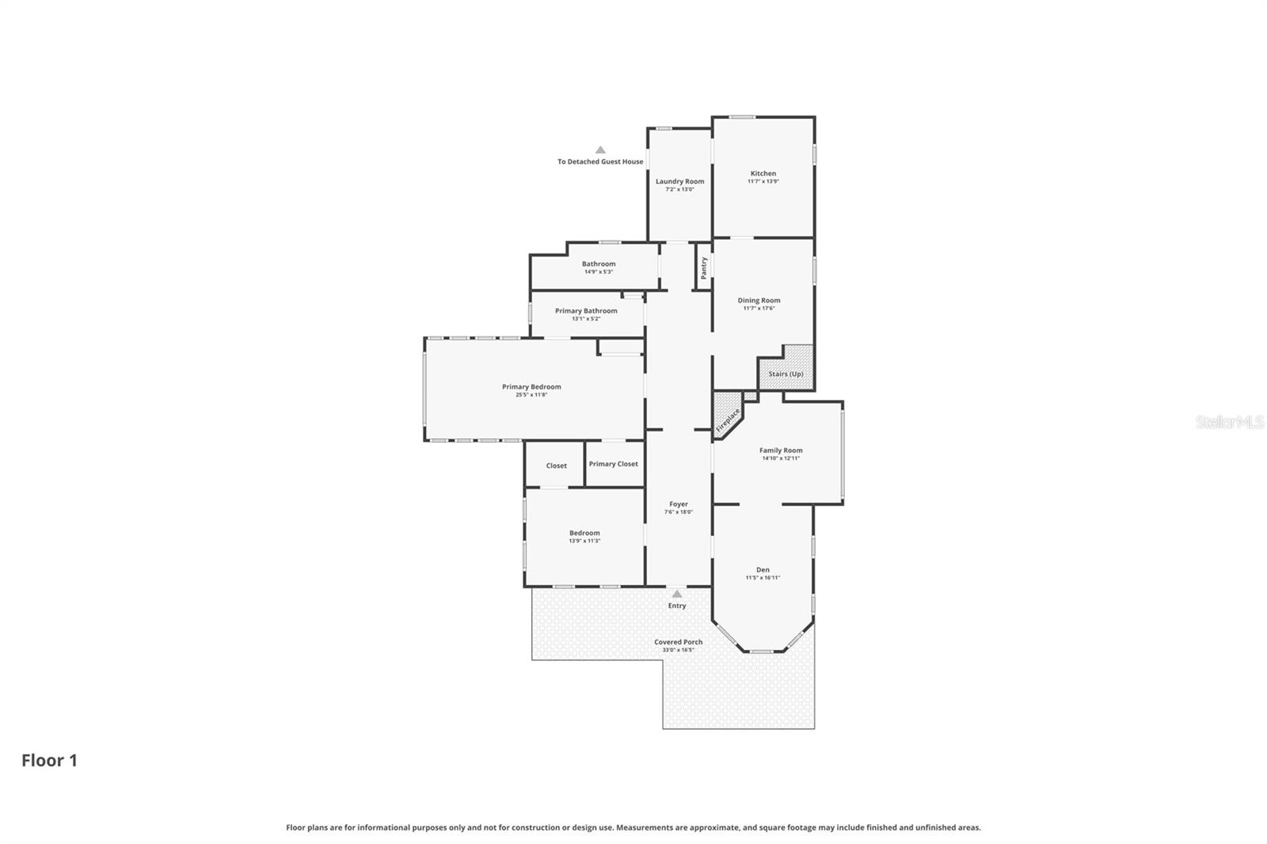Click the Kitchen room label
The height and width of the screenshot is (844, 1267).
pos(763,173)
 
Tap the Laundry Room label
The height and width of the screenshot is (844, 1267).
pos(679,181)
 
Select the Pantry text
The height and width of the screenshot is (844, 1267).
pos(704,268)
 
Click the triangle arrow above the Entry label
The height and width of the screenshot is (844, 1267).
pos(676,594)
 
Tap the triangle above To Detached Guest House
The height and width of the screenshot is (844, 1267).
pos(600,150)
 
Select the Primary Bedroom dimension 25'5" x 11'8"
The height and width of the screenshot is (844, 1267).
pos(531,394)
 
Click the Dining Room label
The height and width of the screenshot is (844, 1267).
pos(759,300)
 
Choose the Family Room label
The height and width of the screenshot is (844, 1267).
pos(781,451)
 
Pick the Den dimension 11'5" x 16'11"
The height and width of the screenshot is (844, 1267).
pos(763,578)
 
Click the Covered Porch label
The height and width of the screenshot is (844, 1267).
pos(678,642)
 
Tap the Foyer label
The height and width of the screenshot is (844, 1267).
pos(679,504)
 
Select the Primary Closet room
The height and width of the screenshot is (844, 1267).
pos(613,464)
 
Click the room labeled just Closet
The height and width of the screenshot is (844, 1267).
pos(556,466)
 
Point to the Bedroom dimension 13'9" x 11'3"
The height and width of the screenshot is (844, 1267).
pos(584,541)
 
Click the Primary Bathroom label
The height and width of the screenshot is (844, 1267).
pos(586,311)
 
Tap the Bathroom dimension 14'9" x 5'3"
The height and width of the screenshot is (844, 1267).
pos(599,272)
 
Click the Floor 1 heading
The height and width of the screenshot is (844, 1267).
pos(49,760)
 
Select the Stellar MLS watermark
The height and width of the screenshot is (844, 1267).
pos(1229,422)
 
